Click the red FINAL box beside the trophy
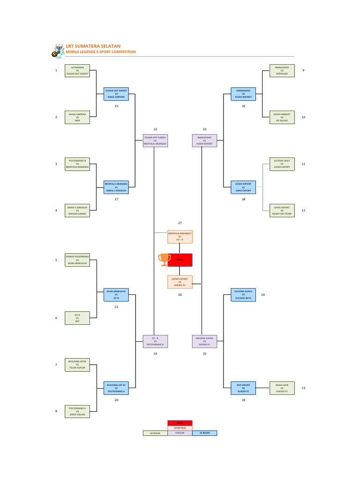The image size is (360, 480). tap(180, 259)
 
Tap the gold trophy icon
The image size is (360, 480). tap(164, 259)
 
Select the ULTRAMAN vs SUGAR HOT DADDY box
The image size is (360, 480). tap(77, 71)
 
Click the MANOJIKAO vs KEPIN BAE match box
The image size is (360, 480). tap(282, 71)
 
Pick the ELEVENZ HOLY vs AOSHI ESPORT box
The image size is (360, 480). tap(282, 164)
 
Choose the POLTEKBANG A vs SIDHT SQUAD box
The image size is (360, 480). tap(77, 411)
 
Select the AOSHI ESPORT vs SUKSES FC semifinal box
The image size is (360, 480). tap(180, 282)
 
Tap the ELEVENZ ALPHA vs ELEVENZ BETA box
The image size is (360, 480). tap(243, 294)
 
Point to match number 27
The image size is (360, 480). tap(180, 223)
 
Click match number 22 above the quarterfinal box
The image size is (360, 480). tap(155, 129)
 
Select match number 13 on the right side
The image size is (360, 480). tap(303, 388)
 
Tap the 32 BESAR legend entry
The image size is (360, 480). tap(155, 433)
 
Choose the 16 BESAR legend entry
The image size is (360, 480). tap(204, 433)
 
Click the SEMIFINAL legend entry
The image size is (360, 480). tap(180, 427)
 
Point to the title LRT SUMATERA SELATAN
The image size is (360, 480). tap(93, 46)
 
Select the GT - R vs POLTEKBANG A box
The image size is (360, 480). tap(155, 341)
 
